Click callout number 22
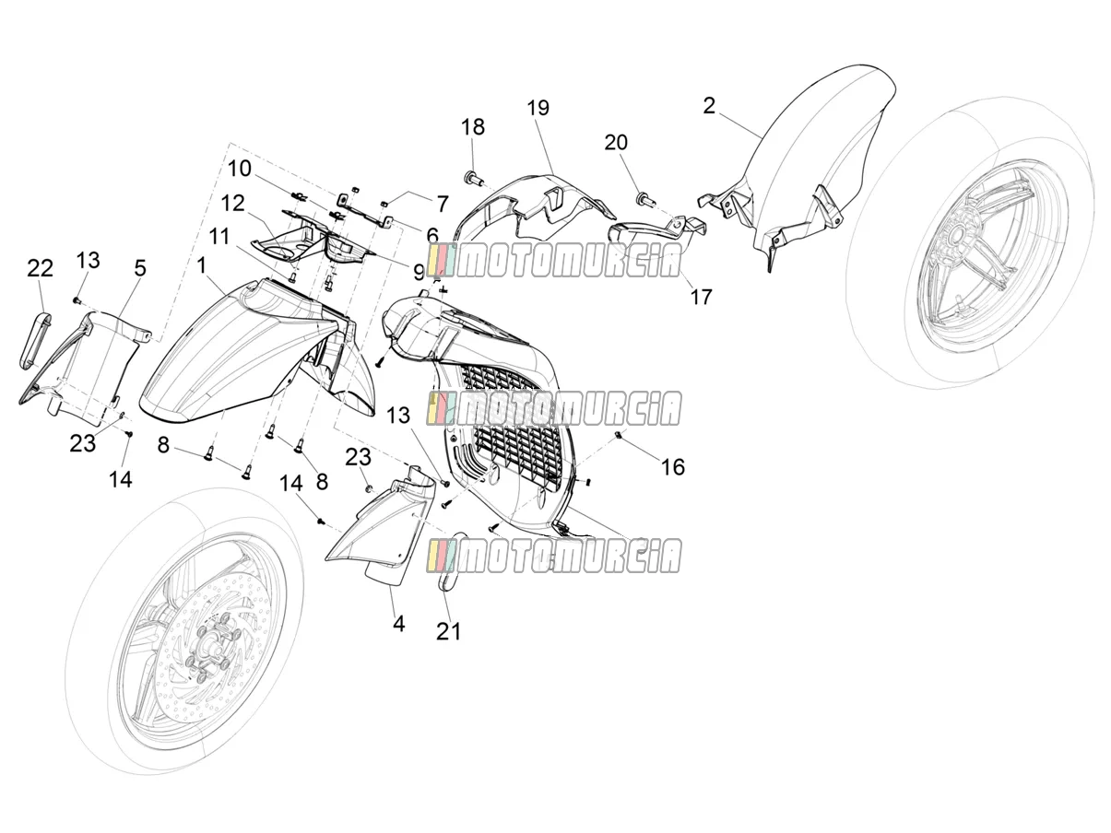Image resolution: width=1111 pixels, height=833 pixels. [40, 268]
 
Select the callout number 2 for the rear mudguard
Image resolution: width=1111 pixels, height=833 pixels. [709, 106]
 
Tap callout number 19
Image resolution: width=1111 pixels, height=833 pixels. [538, 108]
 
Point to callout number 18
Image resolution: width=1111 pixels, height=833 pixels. [473, 127]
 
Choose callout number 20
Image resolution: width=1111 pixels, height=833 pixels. [616, 143]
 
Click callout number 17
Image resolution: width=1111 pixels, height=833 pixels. [701, 297]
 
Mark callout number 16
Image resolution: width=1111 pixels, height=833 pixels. [673, 467]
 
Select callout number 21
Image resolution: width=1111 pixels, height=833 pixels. [448, 631]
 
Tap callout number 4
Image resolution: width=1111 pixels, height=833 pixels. [399, 624]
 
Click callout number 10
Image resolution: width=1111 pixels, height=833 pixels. [239, 169]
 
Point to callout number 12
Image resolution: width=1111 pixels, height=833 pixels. [233, 204]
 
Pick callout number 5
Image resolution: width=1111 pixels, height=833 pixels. [140, 268]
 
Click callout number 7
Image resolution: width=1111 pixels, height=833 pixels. [442, 204]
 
